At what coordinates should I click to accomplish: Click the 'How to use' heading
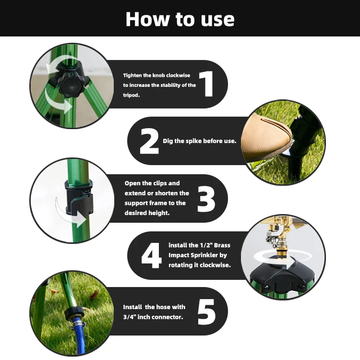180,19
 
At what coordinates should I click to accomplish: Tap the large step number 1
207,84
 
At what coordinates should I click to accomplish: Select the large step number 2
149,141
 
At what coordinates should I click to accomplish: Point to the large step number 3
206,199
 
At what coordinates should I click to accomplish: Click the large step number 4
152,255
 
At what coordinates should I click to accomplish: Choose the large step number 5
206,312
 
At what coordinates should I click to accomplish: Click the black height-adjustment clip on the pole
79,197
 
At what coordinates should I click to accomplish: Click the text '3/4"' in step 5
129,317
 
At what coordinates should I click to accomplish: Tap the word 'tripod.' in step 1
132,95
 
